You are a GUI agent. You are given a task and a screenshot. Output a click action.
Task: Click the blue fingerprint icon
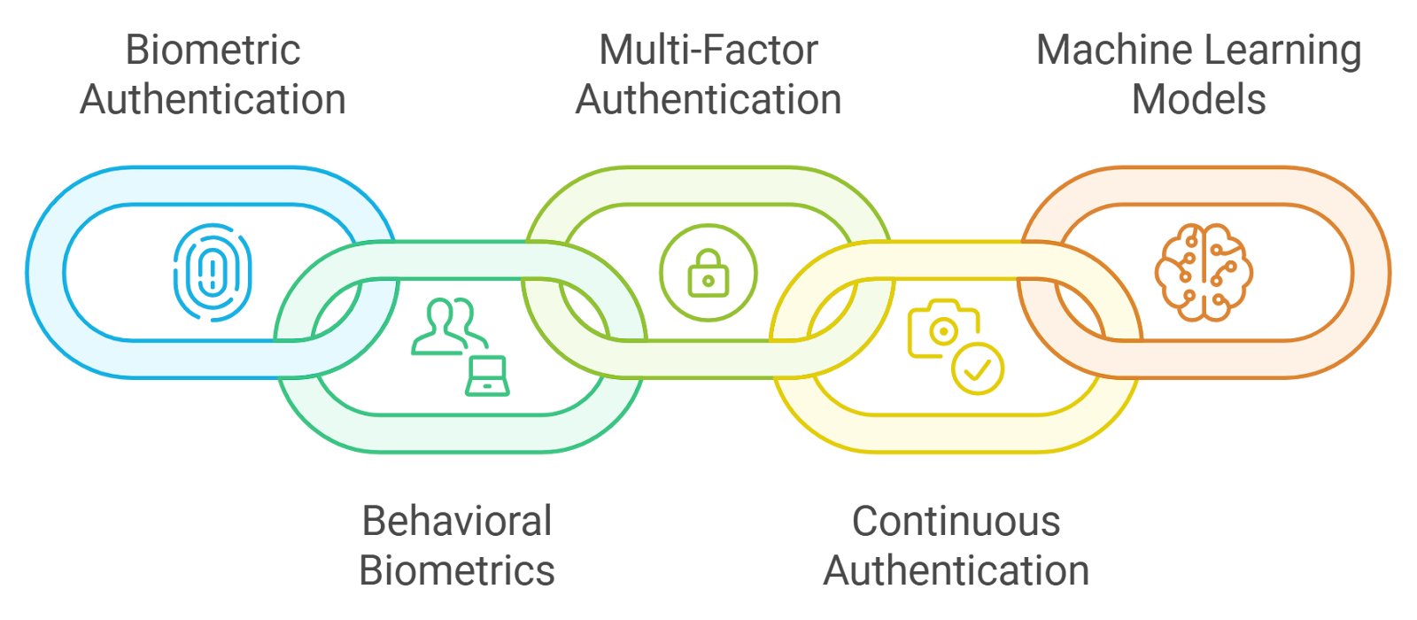(213, 272)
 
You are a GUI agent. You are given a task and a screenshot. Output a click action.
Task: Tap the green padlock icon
(708, 273)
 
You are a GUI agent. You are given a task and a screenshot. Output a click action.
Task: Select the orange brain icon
(1204, 272)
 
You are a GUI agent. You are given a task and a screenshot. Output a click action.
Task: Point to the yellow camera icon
(941, 329)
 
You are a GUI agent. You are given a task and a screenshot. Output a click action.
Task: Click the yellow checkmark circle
(978, 368)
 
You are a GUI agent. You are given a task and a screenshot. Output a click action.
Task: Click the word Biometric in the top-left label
(213, 50)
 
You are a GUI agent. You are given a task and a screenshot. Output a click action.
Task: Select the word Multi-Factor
(708, 50)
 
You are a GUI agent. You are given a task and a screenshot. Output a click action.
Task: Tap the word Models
(1199, 99)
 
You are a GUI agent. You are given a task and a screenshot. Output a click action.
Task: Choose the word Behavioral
(457, 521)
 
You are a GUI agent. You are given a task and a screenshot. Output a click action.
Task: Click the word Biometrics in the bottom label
(457, 570)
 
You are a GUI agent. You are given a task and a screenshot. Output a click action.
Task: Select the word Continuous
(956, 521)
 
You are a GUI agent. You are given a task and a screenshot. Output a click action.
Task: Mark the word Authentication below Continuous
(956, 570)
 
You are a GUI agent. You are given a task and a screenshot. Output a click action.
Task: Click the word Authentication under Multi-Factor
(708, 99)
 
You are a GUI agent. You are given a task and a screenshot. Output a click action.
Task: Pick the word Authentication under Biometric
(213, 99)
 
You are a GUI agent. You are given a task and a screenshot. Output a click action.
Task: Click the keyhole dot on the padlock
(708, 282)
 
